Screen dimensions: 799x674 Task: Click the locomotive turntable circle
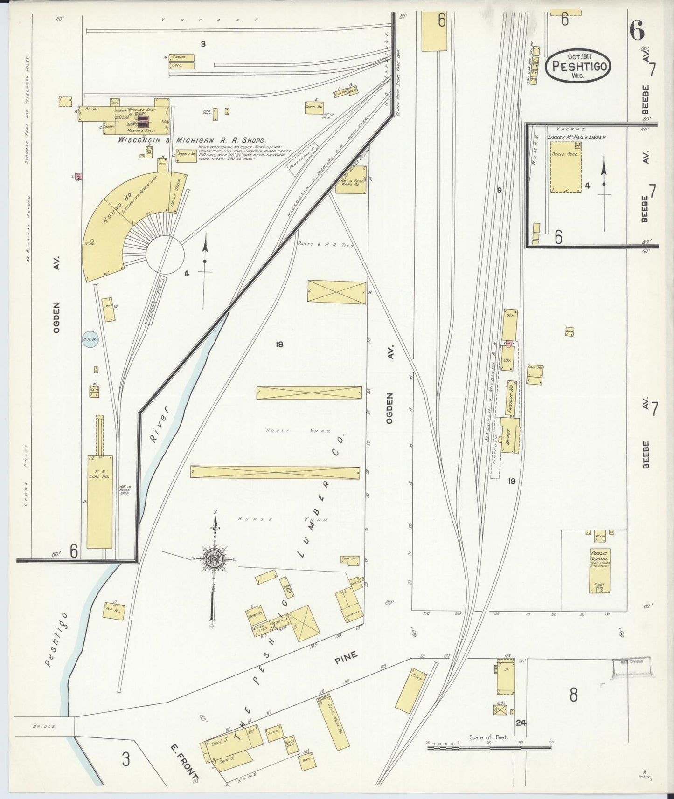coord(165,254)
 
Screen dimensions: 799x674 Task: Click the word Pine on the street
coord(346,657)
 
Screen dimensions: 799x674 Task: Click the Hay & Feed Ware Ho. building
coord(351,180)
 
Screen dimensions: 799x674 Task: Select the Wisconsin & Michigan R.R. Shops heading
coord(191,140)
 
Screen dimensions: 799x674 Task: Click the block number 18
coord(279,345)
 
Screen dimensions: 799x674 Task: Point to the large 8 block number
coord(573,695)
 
